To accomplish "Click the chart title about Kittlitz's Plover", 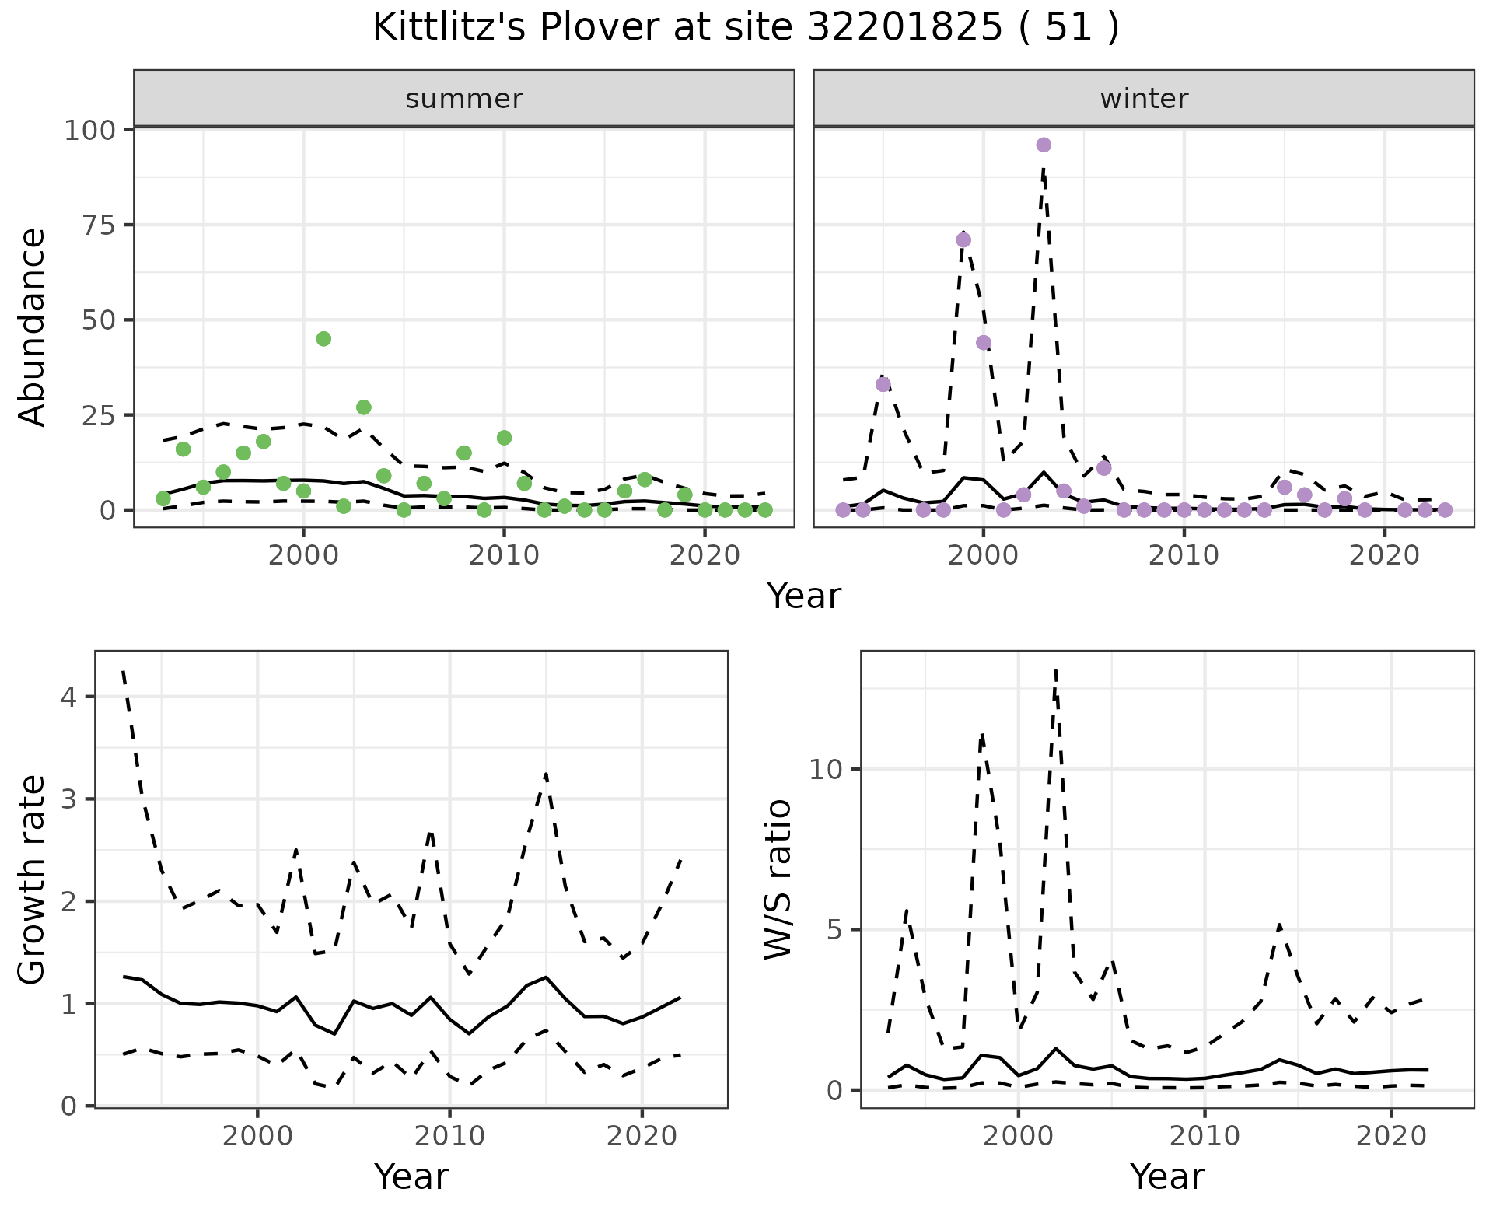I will [746, 28].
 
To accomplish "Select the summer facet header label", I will [464, 99].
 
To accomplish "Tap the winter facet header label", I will [1144, 99].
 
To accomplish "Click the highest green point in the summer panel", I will [323, 339].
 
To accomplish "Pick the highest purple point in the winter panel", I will [1044, 145].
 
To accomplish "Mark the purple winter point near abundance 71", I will [963, 239].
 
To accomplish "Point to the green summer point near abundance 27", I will [364, 407].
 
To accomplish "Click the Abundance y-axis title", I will [33, 327].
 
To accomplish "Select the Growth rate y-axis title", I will [33, 880].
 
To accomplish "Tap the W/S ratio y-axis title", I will [778, 879].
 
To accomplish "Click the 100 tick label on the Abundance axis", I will [89, 130].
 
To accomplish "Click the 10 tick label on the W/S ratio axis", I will [826, 770].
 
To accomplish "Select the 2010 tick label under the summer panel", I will [504, 556].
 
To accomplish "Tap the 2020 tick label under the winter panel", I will [1384, 556].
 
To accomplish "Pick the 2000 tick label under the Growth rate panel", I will [257, 1136].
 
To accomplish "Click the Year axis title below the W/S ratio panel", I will [1166, 1176].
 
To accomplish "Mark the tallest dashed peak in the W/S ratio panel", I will [1055, 669].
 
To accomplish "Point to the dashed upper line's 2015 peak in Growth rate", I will [546, 774].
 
